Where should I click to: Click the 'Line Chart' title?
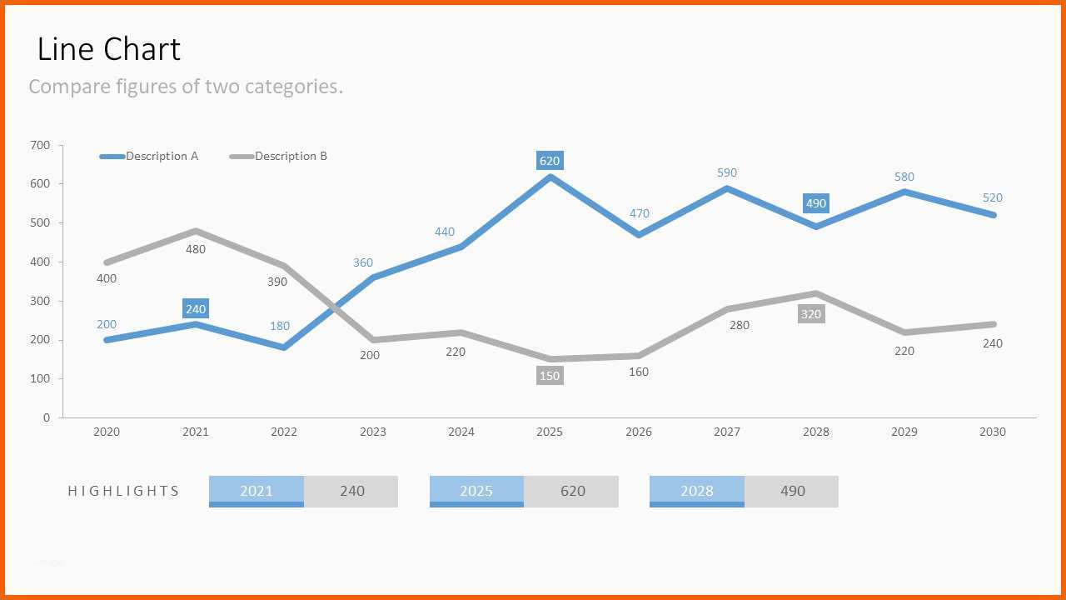(x=108, y=49)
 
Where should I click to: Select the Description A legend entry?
(x=148, y=156)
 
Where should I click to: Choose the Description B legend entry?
(x=278, y=156)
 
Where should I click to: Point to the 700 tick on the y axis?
(x=40, y=145)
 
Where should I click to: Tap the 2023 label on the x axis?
(x=372, y=432)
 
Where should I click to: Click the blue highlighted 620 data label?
(x=550, y=161)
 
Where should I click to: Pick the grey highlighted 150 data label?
(x=550, y=376)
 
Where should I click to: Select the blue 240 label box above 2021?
(x=196, y=308)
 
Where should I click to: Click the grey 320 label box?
(x=811, y=314)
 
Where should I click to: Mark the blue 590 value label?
(x=727, y=172)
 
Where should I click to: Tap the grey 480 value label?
(x=196, y=249)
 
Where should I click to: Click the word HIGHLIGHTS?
(x=123, y=491)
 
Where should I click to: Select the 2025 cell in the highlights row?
(x=476, y=492)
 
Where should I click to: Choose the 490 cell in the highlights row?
(x=792, y=492)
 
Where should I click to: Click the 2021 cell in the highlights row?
(x=256, y=492)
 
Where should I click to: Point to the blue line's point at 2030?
(x=993, y=215)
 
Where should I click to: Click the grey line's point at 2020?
(x=107, y=262)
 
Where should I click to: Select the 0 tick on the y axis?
(x=46, y=417)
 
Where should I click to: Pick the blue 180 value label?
(x=279, y=326)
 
